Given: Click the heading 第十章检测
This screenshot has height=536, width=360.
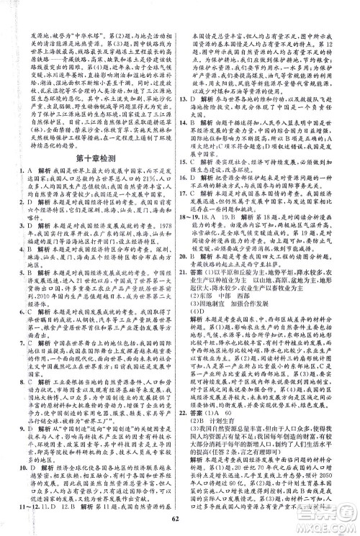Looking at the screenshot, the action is [x=91, y=156].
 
